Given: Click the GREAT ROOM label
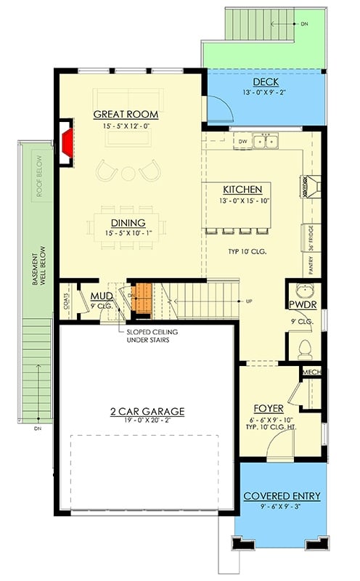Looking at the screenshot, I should tap(126, 115).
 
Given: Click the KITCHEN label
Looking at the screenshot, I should tap(237, 189).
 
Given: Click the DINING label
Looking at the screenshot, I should tap(128, 222).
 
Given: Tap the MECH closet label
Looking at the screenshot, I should tap(312, 373).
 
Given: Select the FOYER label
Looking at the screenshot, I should tap(269, 408).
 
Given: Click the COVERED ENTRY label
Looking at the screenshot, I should tap(282, 496).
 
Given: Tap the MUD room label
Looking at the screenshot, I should tap(100, 296).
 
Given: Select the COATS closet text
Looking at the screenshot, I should tap(67, 301).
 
